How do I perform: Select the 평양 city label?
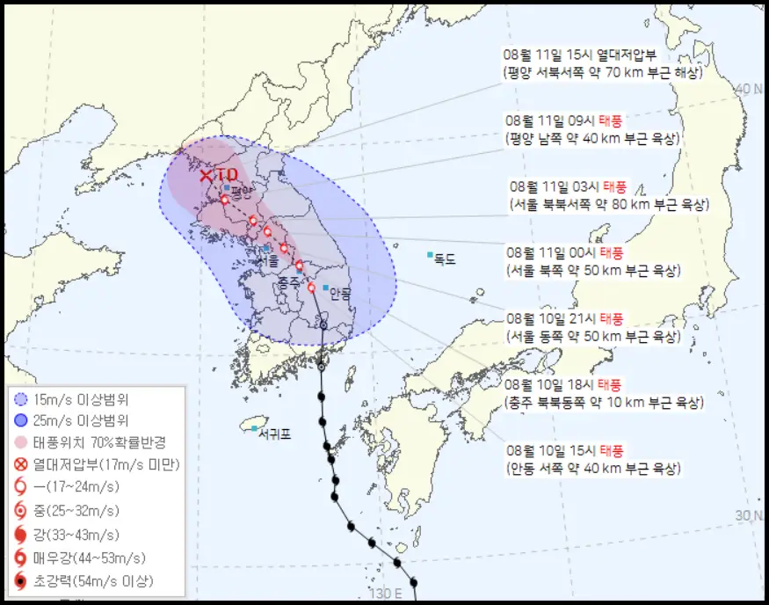241,189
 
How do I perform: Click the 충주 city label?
289,283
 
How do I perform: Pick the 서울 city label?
270,260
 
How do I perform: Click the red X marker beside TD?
206,175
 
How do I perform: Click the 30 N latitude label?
750,515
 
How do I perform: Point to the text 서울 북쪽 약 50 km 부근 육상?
593,271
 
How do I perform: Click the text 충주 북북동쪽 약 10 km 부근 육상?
604,403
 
